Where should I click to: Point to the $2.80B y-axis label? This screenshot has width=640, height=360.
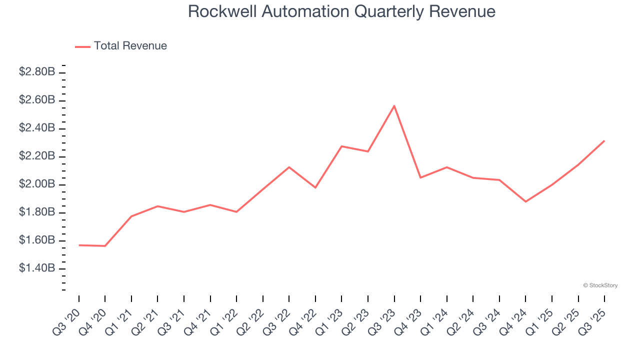(x=37, y=72)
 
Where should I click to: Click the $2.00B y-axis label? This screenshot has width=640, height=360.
(x=37, y=184)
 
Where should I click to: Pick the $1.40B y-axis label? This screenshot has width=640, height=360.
(x=37, y=268)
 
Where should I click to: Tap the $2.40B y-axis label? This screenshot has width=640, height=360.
(x=37, y=128)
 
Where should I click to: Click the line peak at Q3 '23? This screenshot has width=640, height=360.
(x=394, y=106)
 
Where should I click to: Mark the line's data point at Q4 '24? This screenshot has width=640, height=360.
(x=525, y=201)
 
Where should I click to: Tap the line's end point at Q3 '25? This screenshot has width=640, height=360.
(x=604, y=141)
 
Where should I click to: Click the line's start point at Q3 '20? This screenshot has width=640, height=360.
(x=79, y=245)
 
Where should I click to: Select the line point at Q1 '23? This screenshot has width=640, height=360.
(x=341, y=146)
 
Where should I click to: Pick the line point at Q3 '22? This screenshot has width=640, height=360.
(x=289, y=167)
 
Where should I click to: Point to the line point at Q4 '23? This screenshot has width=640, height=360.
(x=420, y=177)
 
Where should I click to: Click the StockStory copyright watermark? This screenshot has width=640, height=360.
(x=600, y=285)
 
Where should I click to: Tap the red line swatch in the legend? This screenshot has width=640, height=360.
(x=82, y=46)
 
